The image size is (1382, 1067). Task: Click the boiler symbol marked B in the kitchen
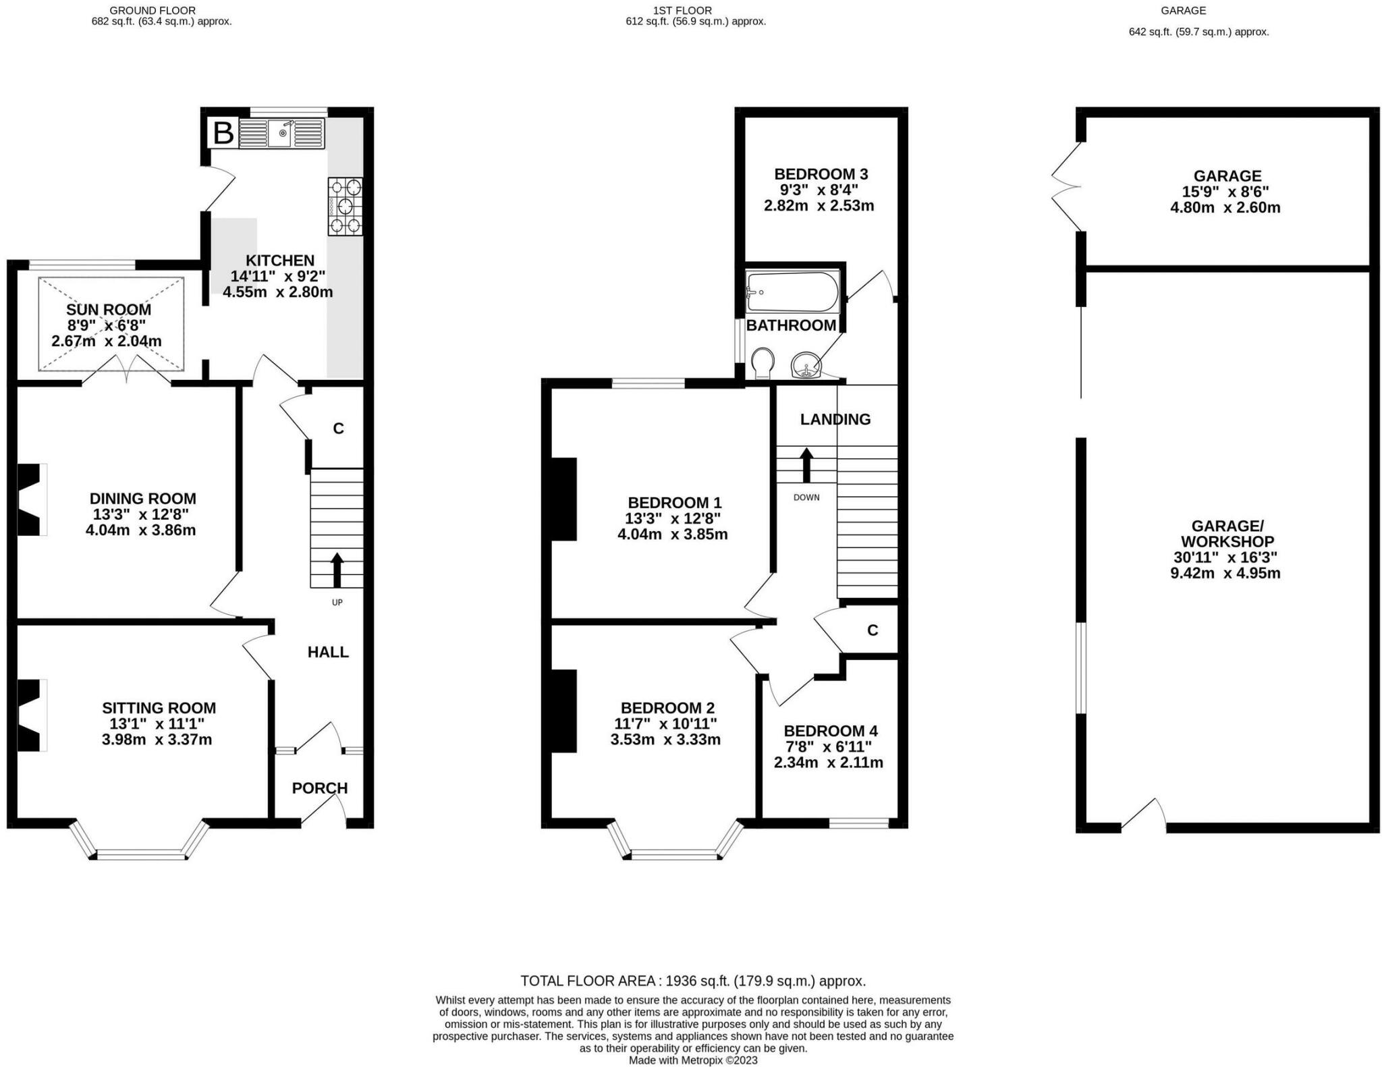223,133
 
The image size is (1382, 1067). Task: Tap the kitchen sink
282,133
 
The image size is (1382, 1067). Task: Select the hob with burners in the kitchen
345,206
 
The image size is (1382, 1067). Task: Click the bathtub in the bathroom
792,292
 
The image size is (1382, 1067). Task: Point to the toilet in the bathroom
763,363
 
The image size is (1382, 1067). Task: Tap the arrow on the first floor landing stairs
806,465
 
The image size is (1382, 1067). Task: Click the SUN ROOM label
109,310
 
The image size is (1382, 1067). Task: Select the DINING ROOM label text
143,499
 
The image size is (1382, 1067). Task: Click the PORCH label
320,788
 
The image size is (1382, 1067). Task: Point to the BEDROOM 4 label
830,731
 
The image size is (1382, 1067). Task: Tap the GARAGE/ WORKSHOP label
1227,533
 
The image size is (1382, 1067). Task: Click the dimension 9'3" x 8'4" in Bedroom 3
819,190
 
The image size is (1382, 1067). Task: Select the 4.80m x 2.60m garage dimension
1225,207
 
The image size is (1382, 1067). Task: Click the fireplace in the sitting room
31,715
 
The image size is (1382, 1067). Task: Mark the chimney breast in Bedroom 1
564,499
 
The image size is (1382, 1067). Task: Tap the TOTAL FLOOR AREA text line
693,981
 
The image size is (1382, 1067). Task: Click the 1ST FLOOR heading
682,10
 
